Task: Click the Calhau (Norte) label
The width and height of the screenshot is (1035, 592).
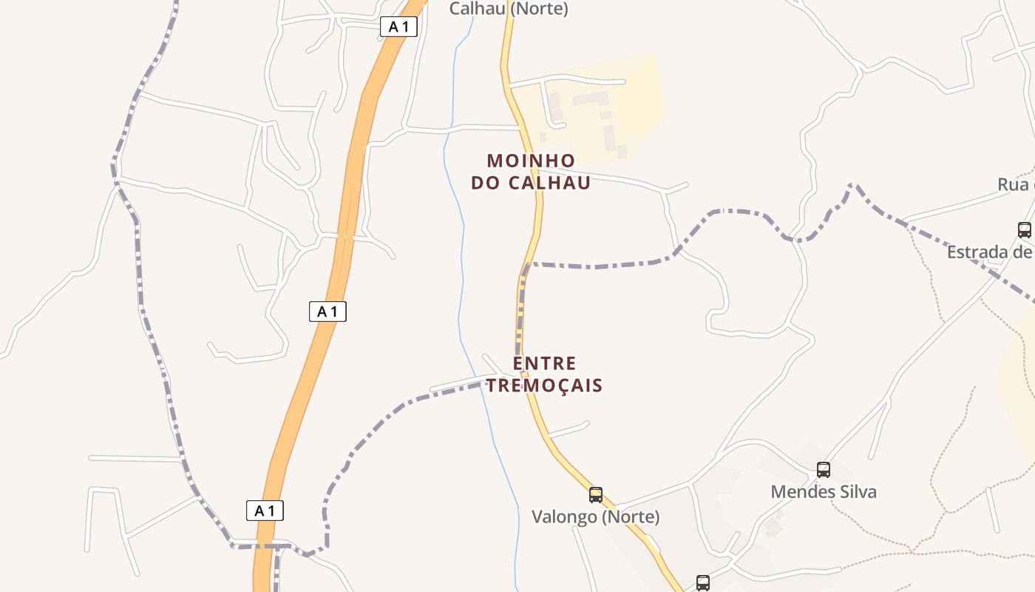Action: (x=509, y=9)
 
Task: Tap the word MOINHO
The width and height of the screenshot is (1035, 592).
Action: (x=531, y=161)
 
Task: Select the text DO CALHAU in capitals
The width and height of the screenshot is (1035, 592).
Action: (x=531, y=183)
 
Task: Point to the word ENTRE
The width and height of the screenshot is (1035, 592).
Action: (x=544, y=363)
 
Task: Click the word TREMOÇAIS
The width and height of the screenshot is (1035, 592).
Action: (x=544, y=386)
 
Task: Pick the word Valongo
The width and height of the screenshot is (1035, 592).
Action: (x=565, y=517)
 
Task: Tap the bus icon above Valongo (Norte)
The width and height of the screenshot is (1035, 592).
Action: (x=595, y=494)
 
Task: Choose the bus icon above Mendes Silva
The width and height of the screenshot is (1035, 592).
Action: (x=823, y=469)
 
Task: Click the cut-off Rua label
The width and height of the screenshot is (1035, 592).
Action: (x=1014, y=184)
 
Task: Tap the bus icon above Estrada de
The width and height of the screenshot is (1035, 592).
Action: (x=1024, y=229)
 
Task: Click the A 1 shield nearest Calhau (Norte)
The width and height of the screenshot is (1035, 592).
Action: (x=398, y=27)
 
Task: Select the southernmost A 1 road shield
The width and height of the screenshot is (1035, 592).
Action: (x=265, y=511)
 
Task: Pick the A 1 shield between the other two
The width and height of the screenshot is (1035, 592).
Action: (x=328, y=312)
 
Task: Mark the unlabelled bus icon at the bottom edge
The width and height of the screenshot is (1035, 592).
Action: (x=702, y=583)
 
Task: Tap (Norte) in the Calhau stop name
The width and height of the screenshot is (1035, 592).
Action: (x=539, y=9)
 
